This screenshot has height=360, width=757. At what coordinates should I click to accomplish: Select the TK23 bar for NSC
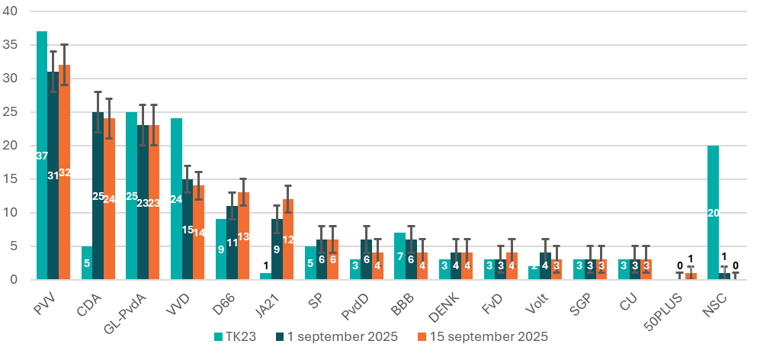pos(713,213)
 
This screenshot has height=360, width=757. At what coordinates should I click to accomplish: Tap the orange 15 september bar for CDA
pos(109,199)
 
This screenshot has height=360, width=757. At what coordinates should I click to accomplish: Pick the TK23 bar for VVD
pos(176,199)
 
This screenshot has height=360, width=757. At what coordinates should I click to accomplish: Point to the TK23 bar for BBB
pos(399,256)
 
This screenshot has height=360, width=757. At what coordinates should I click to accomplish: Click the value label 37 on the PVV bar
pos(42,156)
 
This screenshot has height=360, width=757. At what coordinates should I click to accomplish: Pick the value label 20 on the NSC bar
pos(714,213)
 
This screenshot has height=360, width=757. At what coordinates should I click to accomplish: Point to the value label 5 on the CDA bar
pos(87,263)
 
